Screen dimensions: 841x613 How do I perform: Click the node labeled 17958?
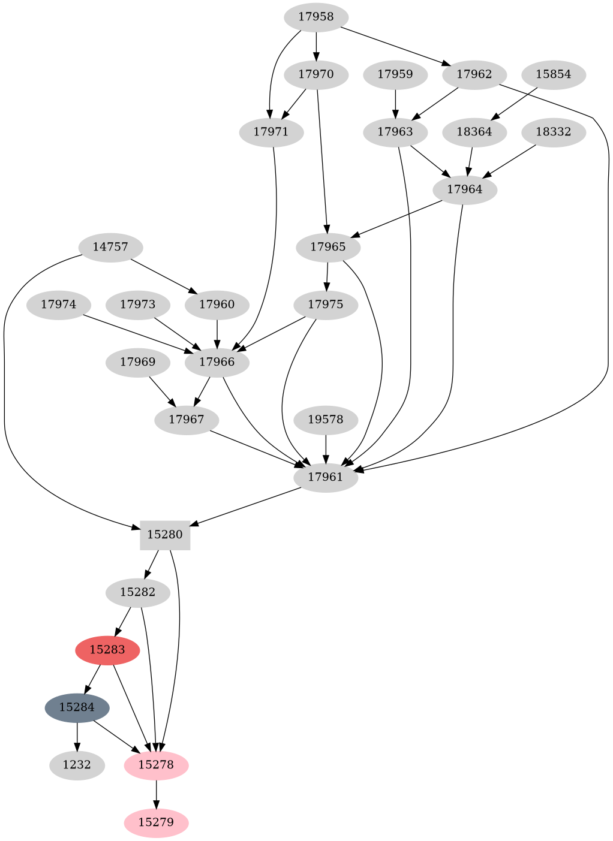click(315, 17)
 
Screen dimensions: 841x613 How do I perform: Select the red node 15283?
click(107, 650)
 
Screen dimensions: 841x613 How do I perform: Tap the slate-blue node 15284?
click(77, 707)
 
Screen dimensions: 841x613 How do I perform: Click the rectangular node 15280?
click(165, 535)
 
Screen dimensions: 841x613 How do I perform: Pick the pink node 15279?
click(156, 822)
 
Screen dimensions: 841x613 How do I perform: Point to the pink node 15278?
click(156, 765)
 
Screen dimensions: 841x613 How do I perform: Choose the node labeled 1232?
click(77, 765)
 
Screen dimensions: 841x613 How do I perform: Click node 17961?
click(325, 477)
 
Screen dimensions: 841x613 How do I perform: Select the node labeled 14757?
click(110, 246)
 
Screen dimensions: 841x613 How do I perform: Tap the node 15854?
click(553, 75)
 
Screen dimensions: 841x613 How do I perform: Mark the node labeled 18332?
click(553, 132)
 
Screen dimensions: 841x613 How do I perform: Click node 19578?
click(325, 420)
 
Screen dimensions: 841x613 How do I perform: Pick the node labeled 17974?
click(59, 305)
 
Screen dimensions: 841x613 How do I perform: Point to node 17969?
click(137, 362)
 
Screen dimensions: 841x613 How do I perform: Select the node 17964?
click(464, 189)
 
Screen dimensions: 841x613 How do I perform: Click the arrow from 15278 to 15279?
click(156, 794)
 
